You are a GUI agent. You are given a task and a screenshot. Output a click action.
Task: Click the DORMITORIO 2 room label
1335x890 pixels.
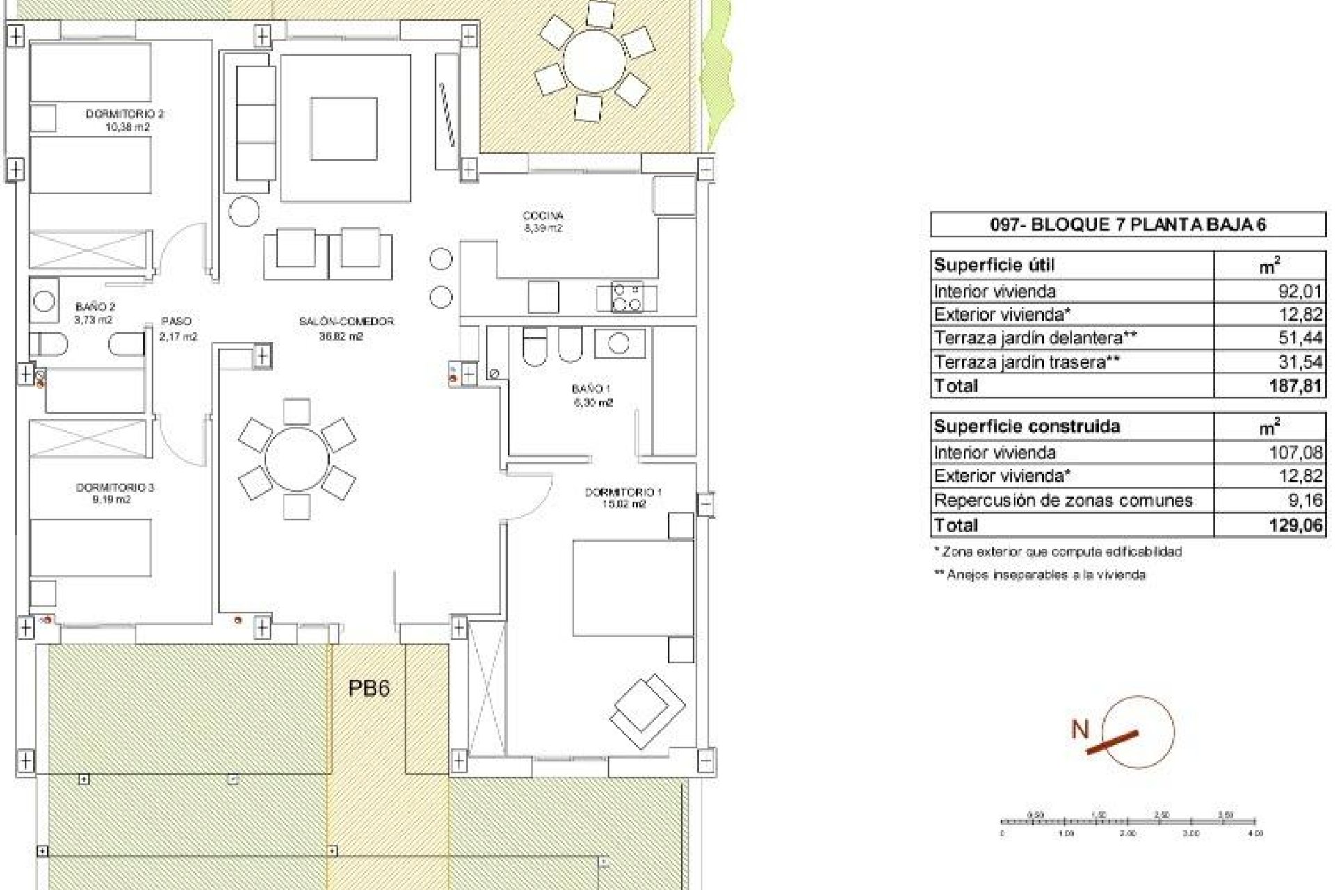(x=125, y=113)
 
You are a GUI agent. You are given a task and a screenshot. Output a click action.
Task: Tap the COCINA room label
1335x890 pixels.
(x=543, y=216)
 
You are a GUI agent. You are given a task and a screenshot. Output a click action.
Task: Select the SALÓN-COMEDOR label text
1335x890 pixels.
(x=346, y=321)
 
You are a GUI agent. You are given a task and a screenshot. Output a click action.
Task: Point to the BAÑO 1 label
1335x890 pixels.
(x=591, y=389)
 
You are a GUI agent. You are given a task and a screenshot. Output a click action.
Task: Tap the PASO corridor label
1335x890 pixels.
(x=176, y=321)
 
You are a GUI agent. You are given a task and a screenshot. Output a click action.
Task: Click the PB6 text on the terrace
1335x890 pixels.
(x=369, y=688)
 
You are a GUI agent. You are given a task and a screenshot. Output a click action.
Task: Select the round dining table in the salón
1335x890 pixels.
(x=297, y=460)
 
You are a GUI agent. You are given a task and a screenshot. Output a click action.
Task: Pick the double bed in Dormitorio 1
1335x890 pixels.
(x=633, y=588)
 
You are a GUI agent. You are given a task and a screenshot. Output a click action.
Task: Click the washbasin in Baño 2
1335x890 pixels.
(x=44, y=301)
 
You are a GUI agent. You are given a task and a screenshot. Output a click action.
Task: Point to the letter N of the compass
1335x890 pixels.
(x=1080, y=730)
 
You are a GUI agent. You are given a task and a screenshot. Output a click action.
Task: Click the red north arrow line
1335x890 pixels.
(x=1112, y=743)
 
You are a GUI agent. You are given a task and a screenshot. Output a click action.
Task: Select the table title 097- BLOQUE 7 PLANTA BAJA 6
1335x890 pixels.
(x=1127, y=225)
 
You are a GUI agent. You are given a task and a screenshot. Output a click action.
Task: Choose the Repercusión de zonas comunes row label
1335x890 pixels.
(x=1063, y=500)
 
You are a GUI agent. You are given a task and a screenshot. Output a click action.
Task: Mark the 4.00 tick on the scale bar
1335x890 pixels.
(x=1254, y=832)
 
